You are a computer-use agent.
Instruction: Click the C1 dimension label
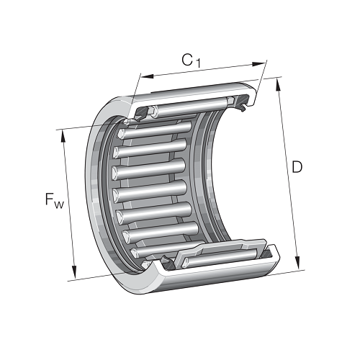click(x=191, y=60)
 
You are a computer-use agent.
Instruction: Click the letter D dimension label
click(x=297, y=167)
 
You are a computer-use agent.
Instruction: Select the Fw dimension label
click(x=55, y=200)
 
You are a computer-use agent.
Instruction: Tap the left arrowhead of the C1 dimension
click(x=147, y=76)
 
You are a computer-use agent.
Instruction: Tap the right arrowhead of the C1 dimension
click(x=258, y=64)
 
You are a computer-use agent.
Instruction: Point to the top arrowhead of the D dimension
click(x=278, y=85)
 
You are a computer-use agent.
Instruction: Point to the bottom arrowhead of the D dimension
click(x=297, y=263)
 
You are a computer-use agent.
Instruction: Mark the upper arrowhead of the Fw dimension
click(x=63, y=136)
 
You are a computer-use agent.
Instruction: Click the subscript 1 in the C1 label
click(x=197, y=63)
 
